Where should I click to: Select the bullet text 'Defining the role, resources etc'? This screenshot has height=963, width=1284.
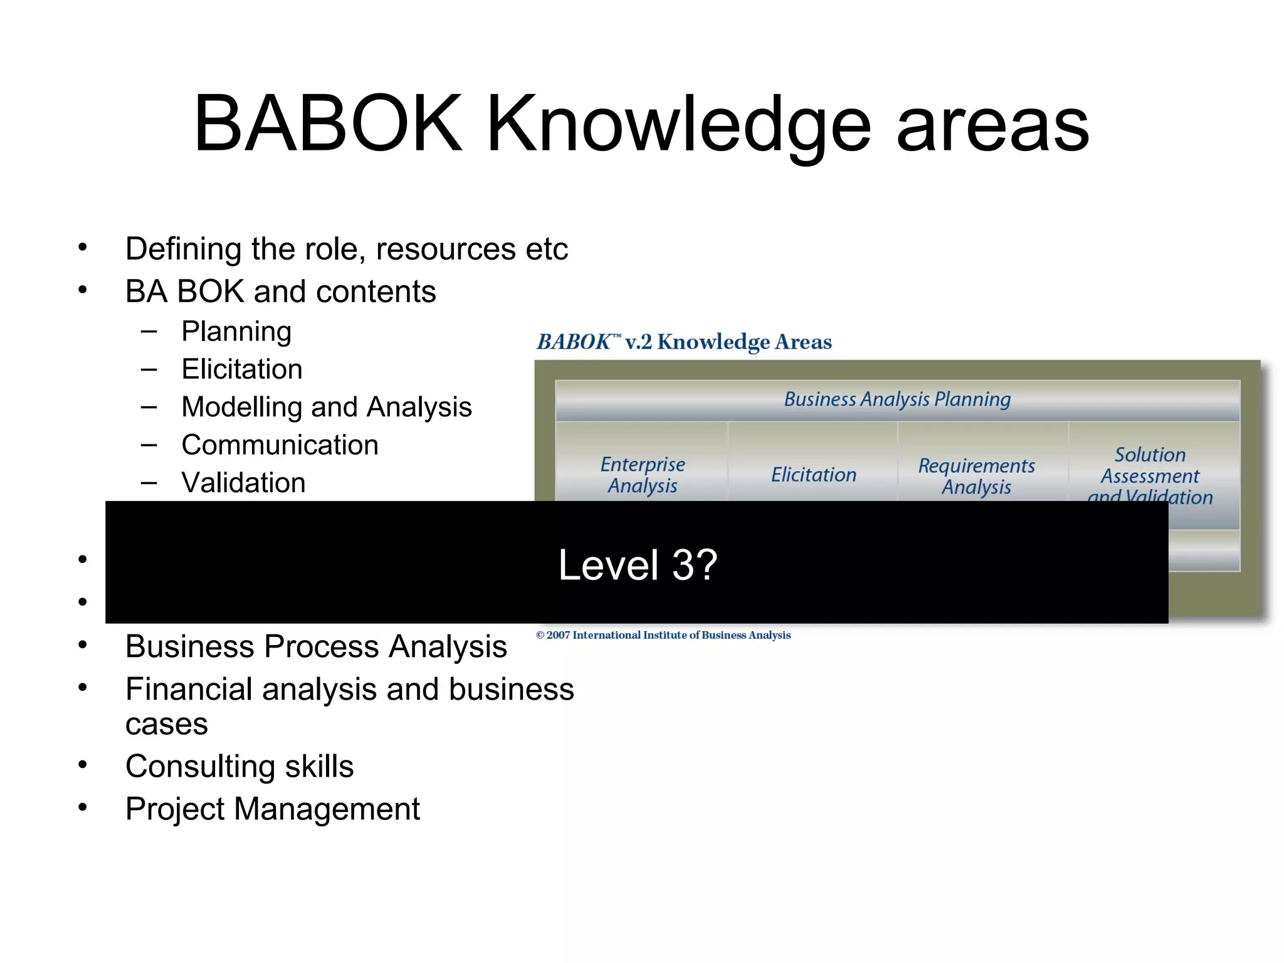tap(346, 249)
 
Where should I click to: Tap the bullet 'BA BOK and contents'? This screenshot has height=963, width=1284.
tap(280, 292)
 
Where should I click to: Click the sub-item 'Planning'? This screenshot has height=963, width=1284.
tap(236, 332)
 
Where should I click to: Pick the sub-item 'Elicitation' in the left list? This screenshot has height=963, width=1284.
tap(242, 369)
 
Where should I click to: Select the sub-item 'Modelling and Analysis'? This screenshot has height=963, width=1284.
tap(326, 407)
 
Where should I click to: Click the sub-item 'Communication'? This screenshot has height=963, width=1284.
tap(280, 445)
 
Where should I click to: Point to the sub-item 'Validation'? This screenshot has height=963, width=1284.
tap(243, 483)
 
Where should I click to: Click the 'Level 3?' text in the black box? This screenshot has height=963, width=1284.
tap(638, 564)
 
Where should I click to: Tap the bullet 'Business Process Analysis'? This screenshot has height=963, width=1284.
tap(316, 646)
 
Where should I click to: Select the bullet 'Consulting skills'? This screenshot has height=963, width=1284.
tap(239, 766)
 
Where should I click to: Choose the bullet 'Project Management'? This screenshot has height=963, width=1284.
tap(272, 809)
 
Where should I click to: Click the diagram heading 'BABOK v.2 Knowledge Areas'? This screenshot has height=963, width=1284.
tap(684, 342)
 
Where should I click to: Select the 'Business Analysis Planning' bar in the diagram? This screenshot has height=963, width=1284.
tap(897, 399)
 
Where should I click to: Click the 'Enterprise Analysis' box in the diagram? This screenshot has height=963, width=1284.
tap(643, 475)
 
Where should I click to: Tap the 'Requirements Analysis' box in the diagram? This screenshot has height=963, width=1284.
tap(976, 476)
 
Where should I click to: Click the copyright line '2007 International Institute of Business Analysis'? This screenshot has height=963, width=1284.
tap(663, 635)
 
